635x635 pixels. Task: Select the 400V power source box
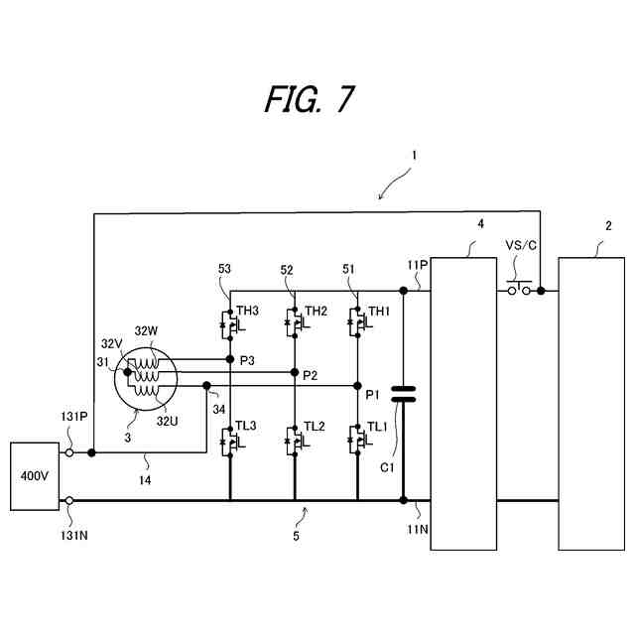coord(35,476)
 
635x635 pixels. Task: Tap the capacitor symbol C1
coord(403,394)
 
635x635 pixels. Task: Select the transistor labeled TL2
coord(294,439)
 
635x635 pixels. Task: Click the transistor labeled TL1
coord(358,439)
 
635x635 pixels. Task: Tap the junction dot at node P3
coord(229,359)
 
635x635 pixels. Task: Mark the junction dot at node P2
coord(295,372)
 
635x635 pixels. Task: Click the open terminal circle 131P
coord(69,452)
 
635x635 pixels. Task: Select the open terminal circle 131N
coord(69,501)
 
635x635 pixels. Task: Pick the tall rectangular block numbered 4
coord(461,402)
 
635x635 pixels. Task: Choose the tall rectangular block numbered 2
coord(591,402)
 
